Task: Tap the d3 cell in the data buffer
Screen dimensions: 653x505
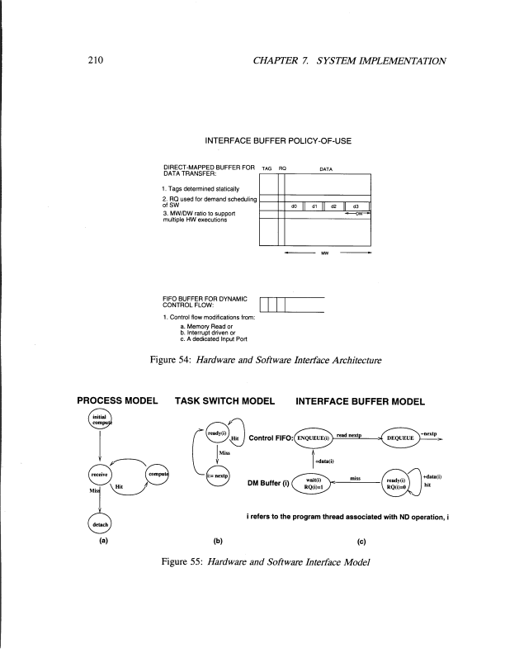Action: tap(356, 206)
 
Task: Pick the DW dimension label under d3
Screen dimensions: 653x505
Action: tap(356, 214)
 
